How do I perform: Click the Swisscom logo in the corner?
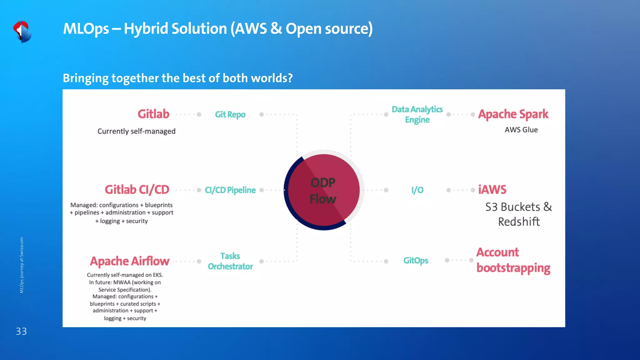pos(22,31)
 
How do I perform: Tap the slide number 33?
pos(21,331)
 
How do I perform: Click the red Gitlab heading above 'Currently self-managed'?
pos(153,114)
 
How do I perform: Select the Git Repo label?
pos(230,115)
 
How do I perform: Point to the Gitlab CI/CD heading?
pos(137,190)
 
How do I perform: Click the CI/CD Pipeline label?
pos(230,190)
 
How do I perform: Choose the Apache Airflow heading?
pos(130,261)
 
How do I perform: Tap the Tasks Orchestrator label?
pos(230,261)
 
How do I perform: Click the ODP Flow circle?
pos(323,190)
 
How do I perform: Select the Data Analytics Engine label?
pos(417,114)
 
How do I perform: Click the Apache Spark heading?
pos(513,114)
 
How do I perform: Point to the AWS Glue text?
pos(521,130)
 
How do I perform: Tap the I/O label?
pos(417,190)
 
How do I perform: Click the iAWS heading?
pos(492,190)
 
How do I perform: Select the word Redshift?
pos(519,222)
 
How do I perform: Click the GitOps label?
pos(416,261)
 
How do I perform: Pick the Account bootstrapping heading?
pos(513,260)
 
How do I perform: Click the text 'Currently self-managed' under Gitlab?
pos(136,131)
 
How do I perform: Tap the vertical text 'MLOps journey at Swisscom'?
pos(22,265)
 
